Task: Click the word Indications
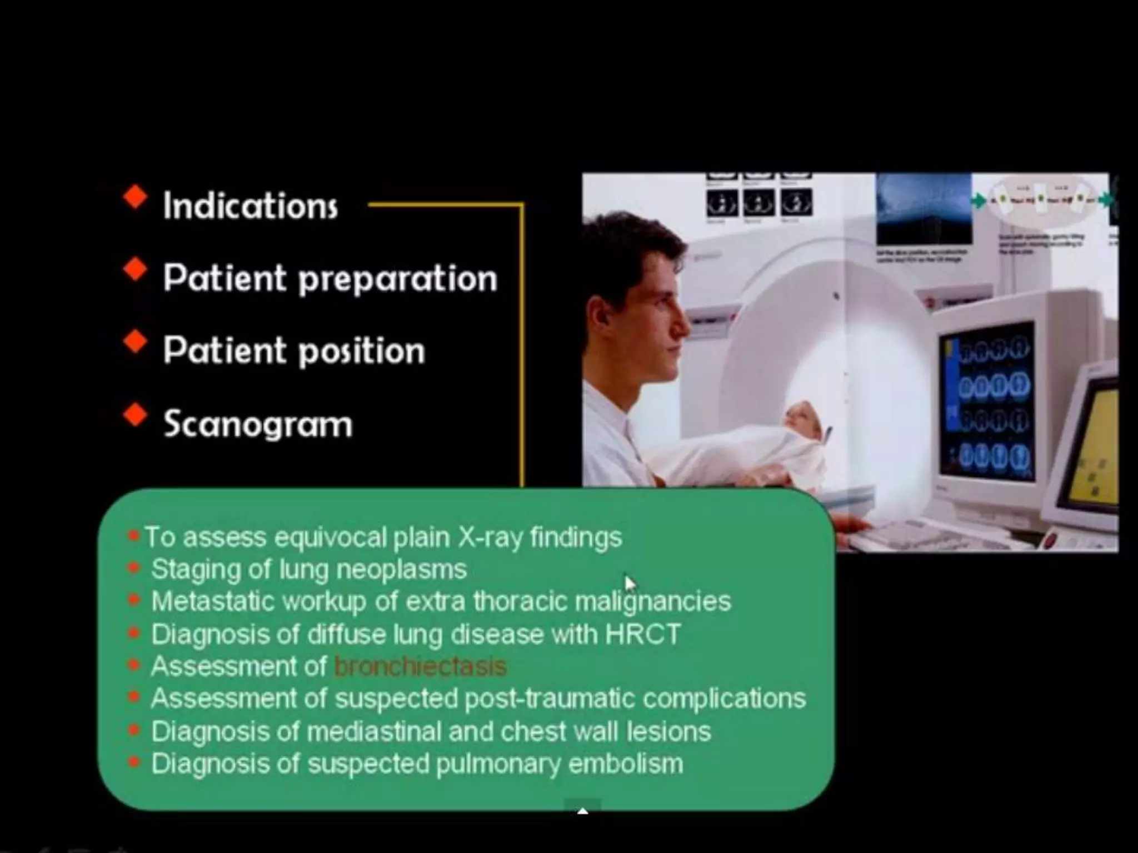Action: (250, 206)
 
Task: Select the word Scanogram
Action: (258, 424)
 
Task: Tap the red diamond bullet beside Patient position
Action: (135, 342)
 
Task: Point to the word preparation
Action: (398, 279)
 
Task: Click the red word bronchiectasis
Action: (421, 666)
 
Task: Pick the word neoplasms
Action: (401, 569)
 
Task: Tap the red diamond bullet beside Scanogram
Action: (135, 415)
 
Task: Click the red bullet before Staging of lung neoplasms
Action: (133, 568)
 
